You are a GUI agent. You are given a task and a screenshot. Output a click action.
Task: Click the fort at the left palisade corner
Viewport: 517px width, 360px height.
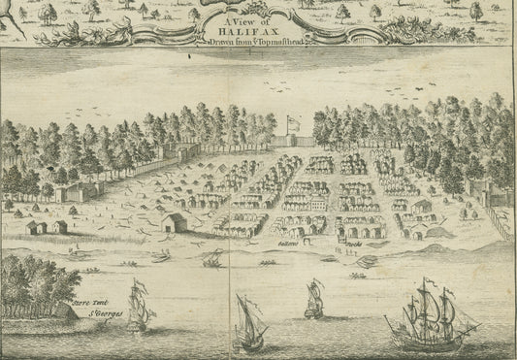[x=72, y=190]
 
